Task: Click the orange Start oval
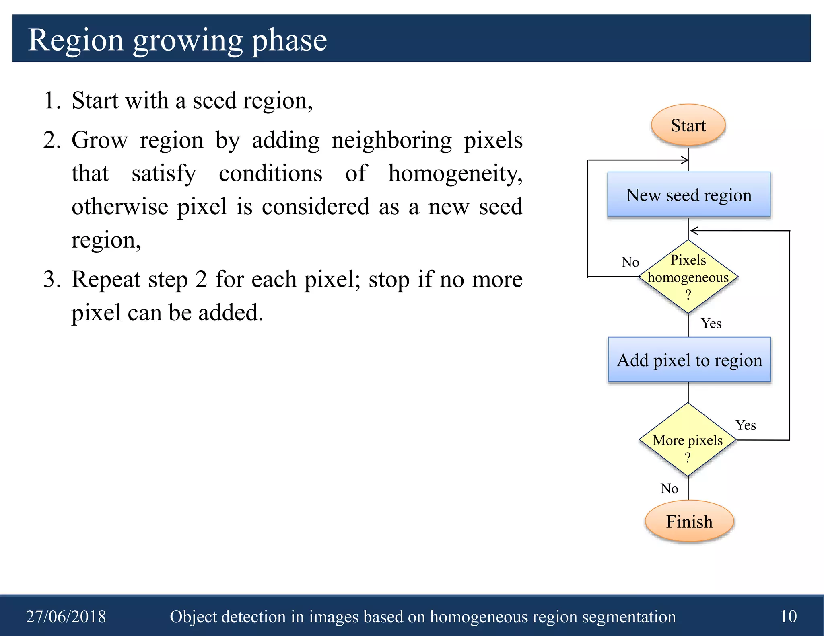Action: [688, 125]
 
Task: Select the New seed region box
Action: [688, 195]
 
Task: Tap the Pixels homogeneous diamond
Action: [688, 277]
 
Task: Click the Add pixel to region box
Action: [689, 359]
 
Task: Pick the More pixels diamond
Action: [688, 440]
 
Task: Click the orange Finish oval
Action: [689, 521]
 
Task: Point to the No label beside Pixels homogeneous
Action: [630, 262]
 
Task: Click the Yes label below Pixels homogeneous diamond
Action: [711, 323]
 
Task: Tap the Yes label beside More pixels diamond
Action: [746, 425]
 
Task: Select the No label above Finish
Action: [669, 488]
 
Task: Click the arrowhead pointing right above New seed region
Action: [684, 160]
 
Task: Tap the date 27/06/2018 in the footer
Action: [66, 616]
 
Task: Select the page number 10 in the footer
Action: [788, 616]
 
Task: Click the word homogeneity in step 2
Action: [455, 174]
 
